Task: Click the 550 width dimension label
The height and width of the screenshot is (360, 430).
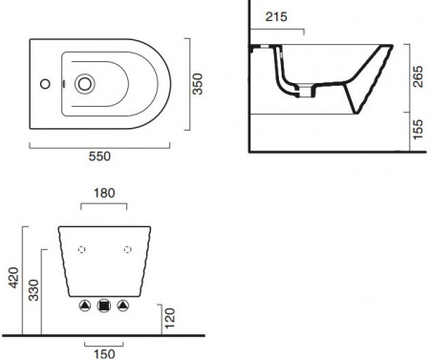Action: [x=99, y=157]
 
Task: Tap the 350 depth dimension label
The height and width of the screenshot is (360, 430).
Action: [x=198, y=84]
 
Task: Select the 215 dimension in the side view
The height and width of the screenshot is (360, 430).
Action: [x=276, y=16]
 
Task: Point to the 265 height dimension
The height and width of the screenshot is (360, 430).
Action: [x=418, y=76]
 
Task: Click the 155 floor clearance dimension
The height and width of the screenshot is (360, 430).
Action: [x=418, y=129]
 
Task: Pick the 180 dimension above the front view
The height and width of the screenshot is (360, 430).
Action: [x=104, y=193]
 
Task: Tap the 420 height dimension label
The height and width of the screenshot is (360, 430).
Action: [x=13, y=278]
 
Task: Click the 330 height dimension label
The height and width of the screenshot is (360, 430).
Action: [x=33, y=290]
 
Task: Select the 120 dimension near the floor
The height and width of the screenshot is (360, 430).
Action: [x=170, y=318]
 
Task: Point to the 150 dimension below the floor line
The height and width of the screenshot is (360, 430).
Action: [x=104, y=354]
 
